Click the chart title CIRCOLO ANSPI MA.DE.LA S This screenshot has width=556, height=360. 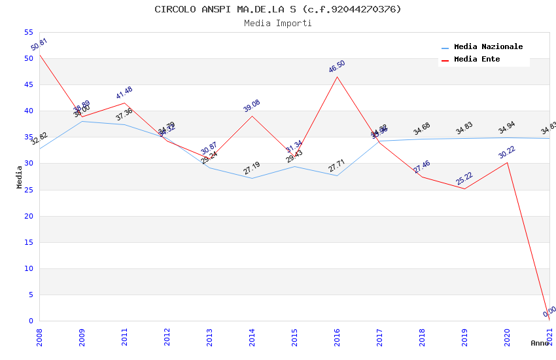[x=278, y=9]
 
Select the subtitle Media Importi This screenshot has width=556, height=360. [x=278, y=23]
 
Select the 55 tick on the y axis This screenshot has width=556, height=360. [x=27, y=32]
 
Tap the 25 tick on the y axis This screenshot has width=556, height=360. [x=27, y=190]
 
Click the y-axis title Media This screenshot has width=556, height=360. [x=20, y=177]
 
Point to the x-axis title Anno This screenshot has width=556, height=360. [x=540, y=343]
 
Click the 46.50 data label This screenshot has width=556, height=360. [x=337, y=67]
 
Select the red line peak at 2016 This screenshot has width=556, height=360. [x=338, y=77]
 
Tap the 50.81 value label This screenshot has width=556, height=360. [x=39, y=45]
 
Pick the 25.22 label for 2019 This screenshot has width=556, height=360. [x=464, y=179]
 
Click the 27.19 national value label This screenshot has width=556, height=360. [x=252, y=168]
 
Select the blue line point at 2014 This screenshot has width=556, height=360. [x=252, y=178]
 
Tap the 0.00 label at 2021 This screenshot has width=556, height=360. [x=549, y=311]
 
